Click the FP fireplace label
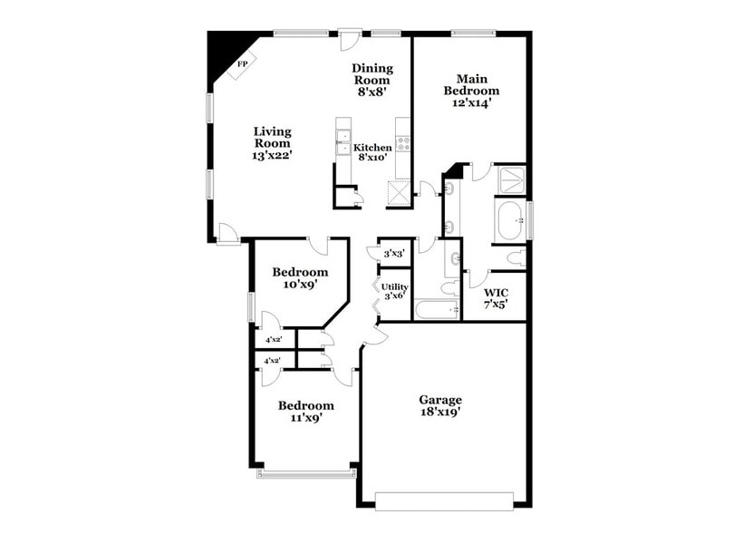click(x=242, y=64)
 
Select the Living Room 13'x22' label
click(x=272, y=143)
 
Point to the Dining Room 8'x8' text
click(x=372, y=80)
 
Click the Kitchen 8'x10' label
click(x=372, y=152)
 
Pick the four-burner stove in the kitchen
click(x=402, y=143)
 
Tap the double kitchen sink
click(x=343, y=143)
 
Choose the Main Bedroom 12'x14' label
click(x=471, y=91)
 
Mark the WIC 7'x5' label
click(x=496, y=298)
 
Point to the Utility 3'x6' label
click(x=395, y=291)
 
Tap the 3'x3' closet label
click(x=394, y=255)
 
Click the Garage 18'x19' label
click(x=440, y=405)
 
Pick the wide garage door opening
click(x=445, y=499)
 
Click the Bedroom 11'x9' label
click(x=305, y=412)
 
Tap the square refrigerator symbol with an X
click(x=399, y=194)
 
